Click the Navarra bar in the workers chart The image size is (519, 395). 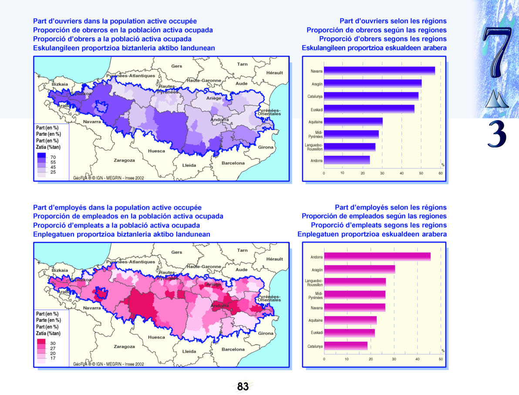379,71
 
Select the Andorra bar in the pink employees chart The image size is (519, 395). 377,257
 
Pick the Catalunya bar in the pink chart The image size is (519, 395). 346,345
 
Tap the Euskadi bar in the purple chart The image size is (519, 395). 369,109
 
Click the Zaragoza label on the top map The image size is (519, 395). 124,160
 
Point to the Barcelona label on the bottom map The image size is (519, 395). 233,349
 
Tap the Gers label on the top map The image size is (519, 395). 177,66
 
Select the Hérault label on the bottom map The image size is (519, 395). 274,259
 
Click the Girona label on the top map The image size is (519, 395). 266,147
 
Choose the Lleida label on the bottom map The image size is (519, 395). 189,351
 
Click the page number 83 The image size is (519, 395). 243,386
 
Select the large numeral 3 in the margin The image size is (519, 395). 496,134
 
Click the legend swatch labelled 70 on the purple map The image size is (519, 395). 41,156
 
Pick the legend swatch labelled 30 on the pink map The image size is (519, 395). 41,342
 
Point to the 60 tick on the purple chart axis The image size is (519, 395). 441,173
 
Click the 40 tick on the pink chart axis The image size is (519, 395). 417,359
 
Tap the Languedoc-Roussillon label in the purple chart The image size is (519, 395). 313,147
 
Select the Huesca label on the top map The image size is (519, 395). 156,151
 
